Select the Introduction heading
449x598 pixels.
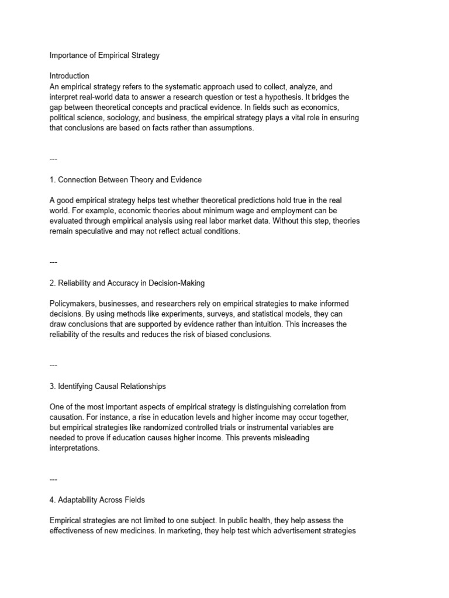point(70,76)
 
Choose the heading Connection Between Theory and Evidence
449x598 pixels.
point(126,179)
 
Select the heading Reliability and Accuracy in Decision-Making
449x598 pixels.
point(127,283)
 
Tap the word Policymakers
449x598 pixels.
point(72,304)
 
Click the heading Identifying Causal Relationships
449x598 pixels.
point(108,386)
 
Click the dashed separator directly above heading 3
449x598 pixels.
point(53,365)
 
